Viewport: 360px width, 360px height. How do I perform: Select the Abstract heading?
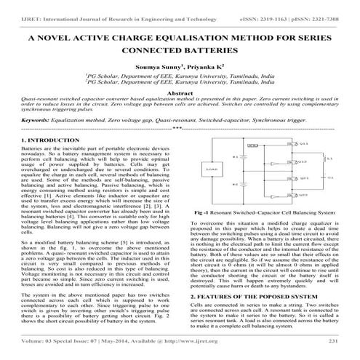179,95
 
